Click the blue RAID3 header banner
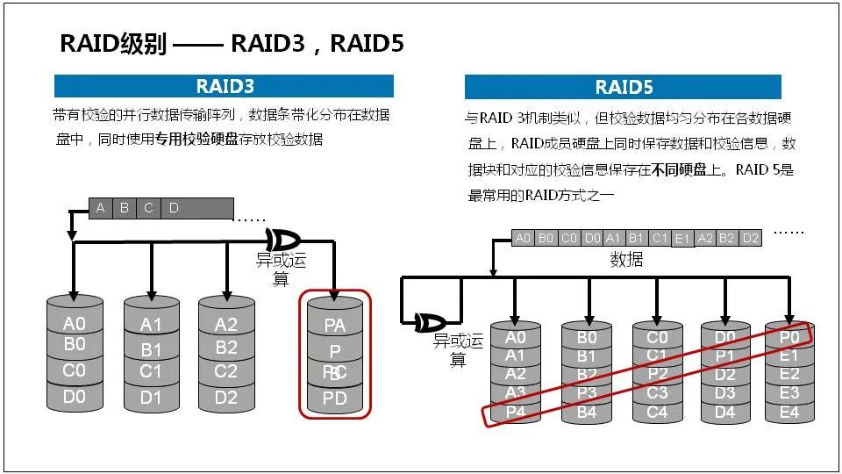click(224, 86)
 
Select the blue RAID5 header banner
click(623, 87)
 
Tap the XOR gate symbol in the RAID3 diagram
click(282, 240)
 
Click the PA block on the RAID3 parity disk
click(335, 326)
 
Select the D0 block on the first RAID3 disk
click(75, 398)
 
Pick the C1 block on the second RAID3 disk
click(152, 372)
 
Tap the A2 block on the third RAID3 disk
click(226, 325)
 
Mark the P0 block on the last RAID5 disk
click(789, 337)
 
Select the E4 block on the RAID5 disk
click(789, 412)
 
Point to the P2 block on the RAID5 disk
click(657, 374)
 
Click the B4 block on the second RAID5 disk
click(587, 412)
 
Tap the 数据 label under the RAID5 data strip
click(626, 260)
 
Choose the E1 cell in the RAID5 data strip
click(682, 238)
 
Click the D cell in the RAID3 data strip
click(174, 208)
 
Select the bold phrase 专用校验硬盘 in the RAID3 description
click(197, 140)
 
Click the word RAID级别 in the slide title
click(112, 44)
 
